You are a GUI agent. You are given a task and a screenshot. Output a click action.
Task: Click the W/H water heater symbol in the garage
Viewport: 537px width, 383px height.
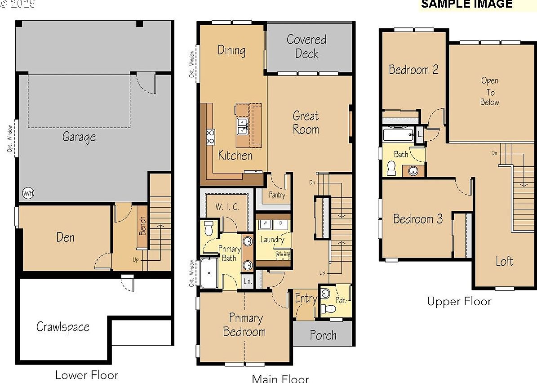tap(28, 193)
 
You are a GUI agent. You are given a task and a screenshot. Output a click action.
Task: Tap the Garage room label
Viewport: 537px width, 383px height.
tap(79, 137)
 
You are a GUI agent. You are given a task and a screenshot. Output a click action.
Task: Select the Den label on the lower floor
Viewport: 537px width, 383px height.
tap(65, 237)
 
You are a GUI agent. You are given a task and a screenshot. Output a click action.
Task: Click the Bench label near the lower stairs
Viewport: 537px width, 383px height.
tap(142, 226)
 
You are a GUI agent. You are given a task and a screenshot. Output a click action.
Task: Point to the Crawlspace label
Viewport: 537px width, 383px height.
tap(63, 327)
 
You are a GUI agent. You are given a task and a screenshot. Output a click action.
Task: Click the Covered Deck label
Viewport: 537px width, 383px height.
tap(307, 46)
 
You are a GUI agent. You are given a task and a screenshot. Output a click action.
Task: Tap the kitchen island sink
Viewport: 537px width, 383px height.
tap(242, 126)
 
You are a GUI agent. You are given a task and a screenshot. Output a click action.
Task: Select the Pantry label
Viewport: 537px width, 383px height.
tap(277, 195)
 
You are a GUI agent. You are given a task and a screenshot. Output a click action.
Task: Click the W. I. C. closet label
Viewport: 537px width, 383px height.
tap(227, 207)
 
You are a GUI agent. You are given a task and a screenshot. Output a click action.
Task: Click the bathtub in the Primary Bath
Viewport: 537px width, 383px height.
tap(209, 272)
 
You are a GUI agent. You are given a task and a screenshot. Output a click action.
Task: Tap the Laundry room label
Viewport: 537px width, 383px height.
tap(272, 240)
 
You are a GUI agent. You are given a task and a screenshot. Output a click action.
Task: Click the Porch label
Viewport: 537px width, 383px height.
tap(323, 335)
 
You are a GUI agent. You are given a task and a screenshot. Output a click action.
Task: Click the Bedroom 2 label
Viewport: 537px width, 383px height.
tap(413, 70)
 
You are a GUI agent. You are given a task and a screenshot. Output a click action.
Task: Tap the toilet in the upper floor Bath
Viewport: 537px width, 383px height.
tap(391, 168)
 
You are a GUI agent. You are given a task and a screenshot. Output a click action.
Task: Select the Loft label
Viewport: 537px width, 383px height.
tap(504, 261)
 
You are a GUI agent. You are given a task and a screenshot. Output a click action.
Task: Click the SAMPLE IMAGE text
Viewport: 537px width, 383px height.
tap(466, 4)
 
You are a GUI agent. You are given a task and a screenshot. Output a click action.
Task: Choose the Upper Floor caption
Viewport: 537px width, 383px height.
tap(459, 301)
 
